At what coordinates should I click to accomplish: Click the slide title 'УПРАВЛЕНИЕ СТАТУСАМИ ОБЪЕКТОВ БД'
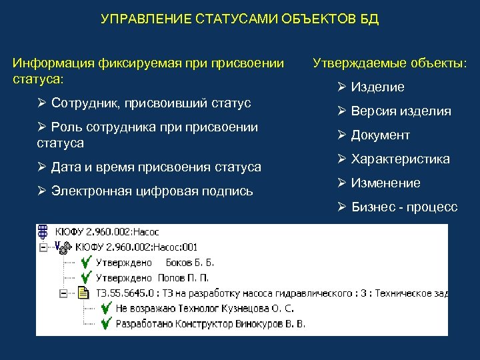pos(239,19)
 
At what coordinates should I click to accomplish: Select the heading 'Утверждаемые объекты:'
pos(390,64)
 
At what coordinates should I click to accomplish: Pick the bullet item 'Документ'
pos(380,135)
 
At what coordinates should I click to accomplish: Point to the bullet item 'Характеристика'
pos(400,159)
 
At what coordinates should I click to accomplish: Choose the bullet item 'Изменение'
pos(385,183)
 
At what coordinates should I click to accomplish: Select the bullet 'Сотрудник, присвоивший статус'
pos(151,103)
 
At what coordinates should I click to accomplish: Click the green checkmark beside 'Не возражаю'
pos(105,309)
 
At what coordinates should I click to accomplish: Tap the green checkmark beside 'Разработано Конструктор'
pos(105,323)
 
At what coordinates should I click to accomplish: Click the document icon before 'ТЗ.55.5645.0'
pos(83,293)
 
